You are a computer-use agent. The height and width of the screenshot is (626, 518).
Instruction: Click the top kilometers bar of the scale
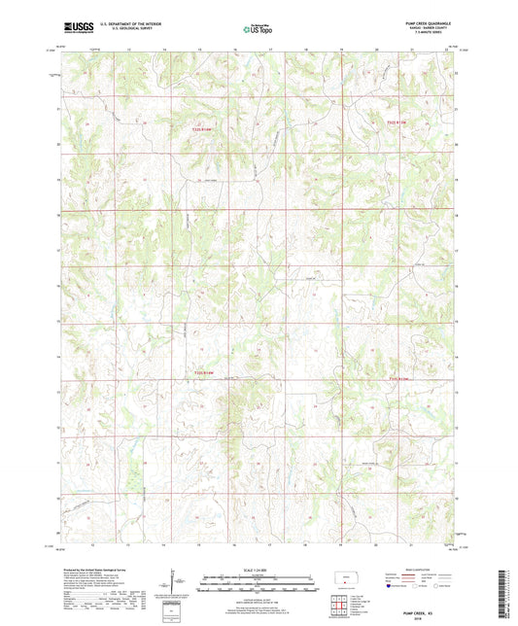point(259,579)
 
